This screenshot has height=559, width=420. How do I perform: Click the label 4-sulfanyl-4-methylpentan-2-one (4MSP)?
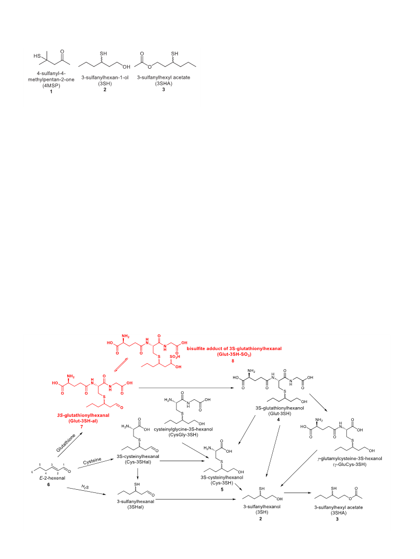click(51, 79)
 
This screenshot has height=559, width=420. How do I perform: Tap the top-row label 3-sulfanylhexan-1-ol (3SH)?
click(105, 80)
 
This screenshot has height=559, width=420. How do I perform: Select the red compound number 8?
click(233, 361)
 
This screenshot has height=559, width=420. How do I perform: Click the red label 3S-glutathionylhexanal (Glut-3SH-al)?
click(83, 418)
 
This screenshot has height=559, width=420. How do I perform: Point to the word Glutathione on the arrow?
click(66, 443)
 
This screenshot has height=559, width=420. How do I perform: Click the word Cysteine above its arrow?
click(92, 461)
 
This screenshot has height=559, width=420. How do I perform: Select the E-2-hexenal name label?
click(52, 478)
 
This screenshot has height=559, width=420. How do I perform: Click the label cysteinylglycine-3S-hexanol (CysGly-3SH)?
click(183, 432)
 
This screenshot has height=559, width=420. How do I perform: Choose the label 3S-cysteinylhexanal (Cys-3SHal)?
click(138, 459)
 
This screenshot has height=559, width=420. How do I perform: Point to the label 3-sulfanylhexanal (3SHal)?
click(136, 504)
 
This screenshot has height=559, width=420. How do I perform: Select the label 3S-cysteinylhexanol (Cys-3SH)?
click(222, 480)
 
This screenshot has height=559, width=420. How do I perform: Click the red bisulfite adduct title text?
click(234, 351)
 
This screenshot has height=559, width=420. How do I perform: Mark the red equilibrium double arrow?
click(120, 365)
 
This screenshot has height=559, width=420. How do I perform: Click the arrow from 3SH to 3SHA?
click(297, 493)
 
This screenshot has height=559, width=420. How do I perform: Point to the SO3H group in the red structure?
click(175, 356)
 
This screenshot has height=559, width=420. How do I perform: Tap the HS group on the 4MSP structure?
click(37, 56)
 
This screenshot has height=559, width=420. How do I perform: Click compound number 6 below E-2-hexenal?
click(49, 484)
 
